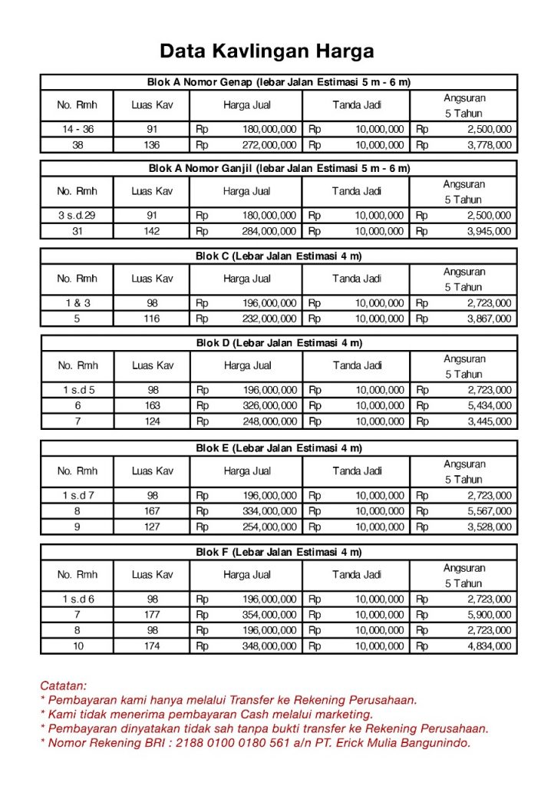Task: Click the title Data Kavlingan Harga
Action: [x=267, y=51]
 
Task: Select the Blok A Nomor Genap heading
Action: [x=279, y=82]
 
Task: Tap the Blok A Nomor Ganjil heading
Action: [x=279, y=168]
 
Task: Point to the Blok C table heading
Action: [x=279, y=256]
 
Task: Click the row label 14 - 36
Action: [x=77, y=129]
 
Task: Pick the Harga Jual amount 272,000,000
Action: [x=269, y=145]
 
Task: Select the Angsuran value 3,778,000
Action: [x=489, y=145]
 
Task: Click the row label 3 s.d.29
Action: [x=77, y=216]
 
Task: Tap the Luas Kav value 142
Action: [x=152, y=231]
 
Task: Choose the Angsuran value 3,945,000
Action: [x=489, y=231]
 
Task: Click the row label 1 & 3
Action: [x=77, y=303]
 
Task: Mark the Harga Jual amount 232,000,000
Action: [x=269, y=319]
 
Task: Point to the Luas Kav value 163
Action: [x=152, y=405]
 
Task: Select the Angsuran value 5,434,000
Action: [x=489, y=405]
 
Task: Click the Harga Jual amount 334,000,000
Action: [x=269, y=511]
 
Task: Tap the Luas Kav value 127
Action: [x=152, y=527]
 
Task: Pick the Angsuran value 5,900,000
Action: [x=489, y=615]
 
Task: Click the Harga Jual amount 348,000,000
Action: [x=269, y=646]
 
